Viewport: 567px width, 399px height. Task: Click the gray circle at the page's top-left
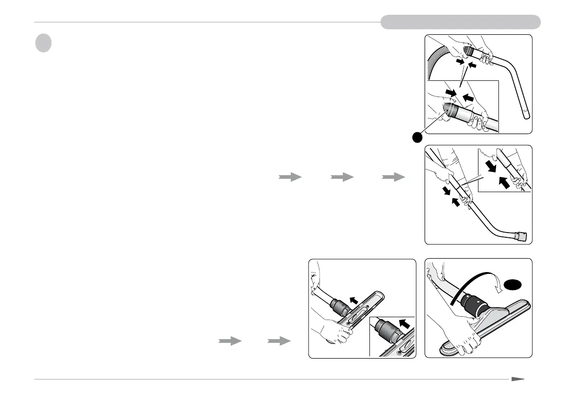pyautogui.click(x=43, y=43)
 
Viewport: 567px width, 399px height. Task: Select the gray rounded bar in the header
pyautogui.click(x=460, y=22)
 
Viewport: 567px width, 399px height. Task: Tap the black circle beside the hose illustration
pyautogui.click(x=418, y=137)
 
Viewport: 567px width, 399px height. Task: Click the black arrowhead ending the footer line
pyautogui.click(x=517, y=380)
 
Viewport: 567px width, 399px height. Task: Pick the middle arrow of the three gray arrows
pyautogui.click(x=342, y=177)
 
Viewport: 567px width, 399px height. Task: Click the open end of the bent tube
pyautogui.click(x=525, y=114)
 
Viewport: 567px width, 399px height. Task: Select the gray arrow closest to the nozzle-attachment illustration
pyautogui.click(x=279, y=341)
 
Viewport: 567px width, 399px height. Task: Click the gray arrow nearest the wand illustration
pyautogui.click(x=395, y=177)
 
